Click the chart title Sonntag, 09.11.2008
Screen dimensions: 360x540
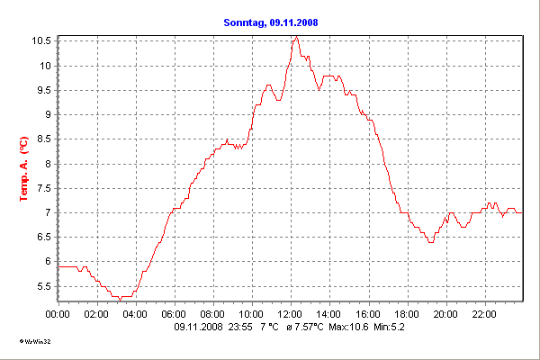point(270,22)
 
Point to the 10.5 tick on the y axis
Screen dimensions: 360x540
point(43,41)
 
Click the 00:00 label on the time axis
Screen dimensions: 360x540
point(58,314)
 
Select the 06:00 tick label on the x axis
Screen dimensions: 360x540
point(174,314)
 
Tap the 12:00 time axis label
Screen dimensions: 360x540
point(290,314)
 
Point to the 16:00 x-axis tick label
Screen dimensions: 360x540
point(367,314)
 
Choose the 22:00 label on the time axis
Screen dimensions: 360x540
point(483,314)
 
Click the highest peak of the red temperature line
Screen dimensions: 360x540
point(294,37)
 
